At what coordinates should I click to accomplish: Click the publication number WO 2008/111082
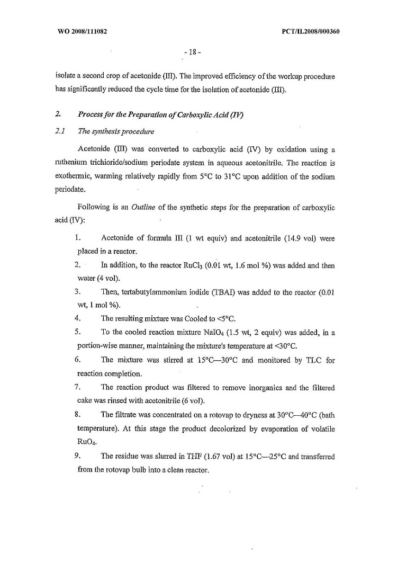[83, 31]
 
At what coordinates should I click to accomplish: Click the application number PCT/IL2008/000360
[311, 31]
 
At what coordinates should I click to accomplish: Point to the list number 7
[77, 388]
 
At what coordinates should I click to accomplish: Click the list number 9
[77, 456]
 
